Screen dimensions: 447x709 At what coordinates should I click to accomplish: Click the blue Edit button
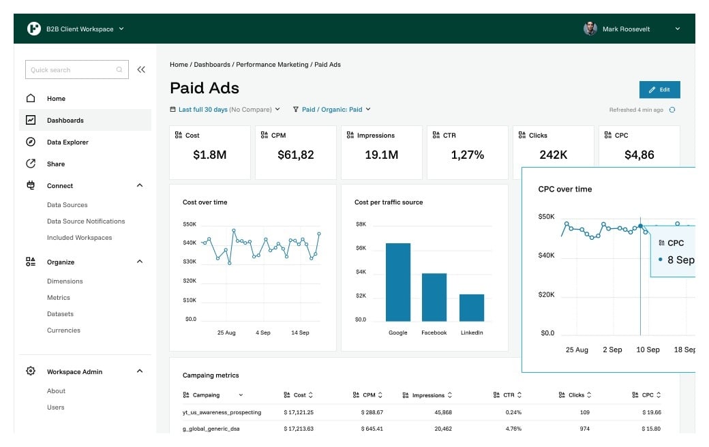click(x=659, y=90)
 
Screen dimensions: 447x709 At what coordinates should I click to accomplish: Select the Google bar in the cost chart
click(x=398, y=282)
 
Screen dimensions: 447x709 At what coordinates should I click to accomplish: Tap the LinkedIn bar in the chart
click(x=472, y=307)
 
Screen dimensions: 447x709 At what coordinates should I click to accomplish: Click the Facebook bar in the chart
click(x=434, y=297)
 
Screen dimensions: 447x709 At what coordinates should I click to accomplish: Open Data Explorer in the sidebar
click(x=67, y=142)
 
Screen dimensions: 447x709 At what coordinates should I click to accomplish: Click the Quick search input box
click(x=72, y=70)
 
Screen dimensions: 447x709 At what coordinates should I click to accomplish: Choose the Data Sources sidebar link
click(x=67, y=205)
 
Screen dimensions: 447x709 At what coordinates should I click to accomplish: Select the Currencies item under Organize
click(x=63, y=330)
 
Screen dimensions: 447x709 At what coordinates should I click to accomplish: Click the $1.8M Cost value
click(x=210, y=155)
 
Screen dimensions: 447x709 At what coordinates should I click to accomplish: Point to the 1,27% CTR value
click(x=468, y=155)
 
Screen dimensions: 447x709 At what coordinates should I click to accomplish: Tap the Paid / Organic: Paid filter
click(x=332, y=109)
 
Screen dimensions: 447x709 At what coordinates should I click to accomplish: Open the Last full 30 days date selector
click(x=225, y=109)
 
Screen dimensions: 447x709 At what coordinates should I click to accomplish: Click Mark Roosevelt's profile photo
click(x=590, y=29)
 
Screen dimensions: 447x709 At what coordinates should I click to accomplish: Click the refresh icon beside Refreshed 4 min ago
click(x=672, y=110)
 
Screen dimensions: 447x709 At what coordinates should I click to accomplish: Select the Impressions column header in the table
click(x=427, y=395)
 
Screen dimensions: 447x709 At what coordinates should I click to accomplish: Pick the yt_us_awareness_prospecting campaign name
click(x=222, y=412)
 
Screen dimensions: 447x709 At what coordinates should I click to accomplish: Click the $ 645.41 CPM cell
click(x=372, y=429)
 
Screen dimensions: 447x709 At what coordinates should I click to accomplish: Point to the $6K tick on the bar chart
click(x=361, y=248)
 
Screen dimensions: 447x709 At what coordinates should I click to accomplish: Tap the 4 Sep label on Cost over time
click(x=263, y=333)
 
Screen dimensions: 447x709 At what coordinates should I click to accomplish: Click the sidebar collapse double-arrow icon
click(x=141, y=70)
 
